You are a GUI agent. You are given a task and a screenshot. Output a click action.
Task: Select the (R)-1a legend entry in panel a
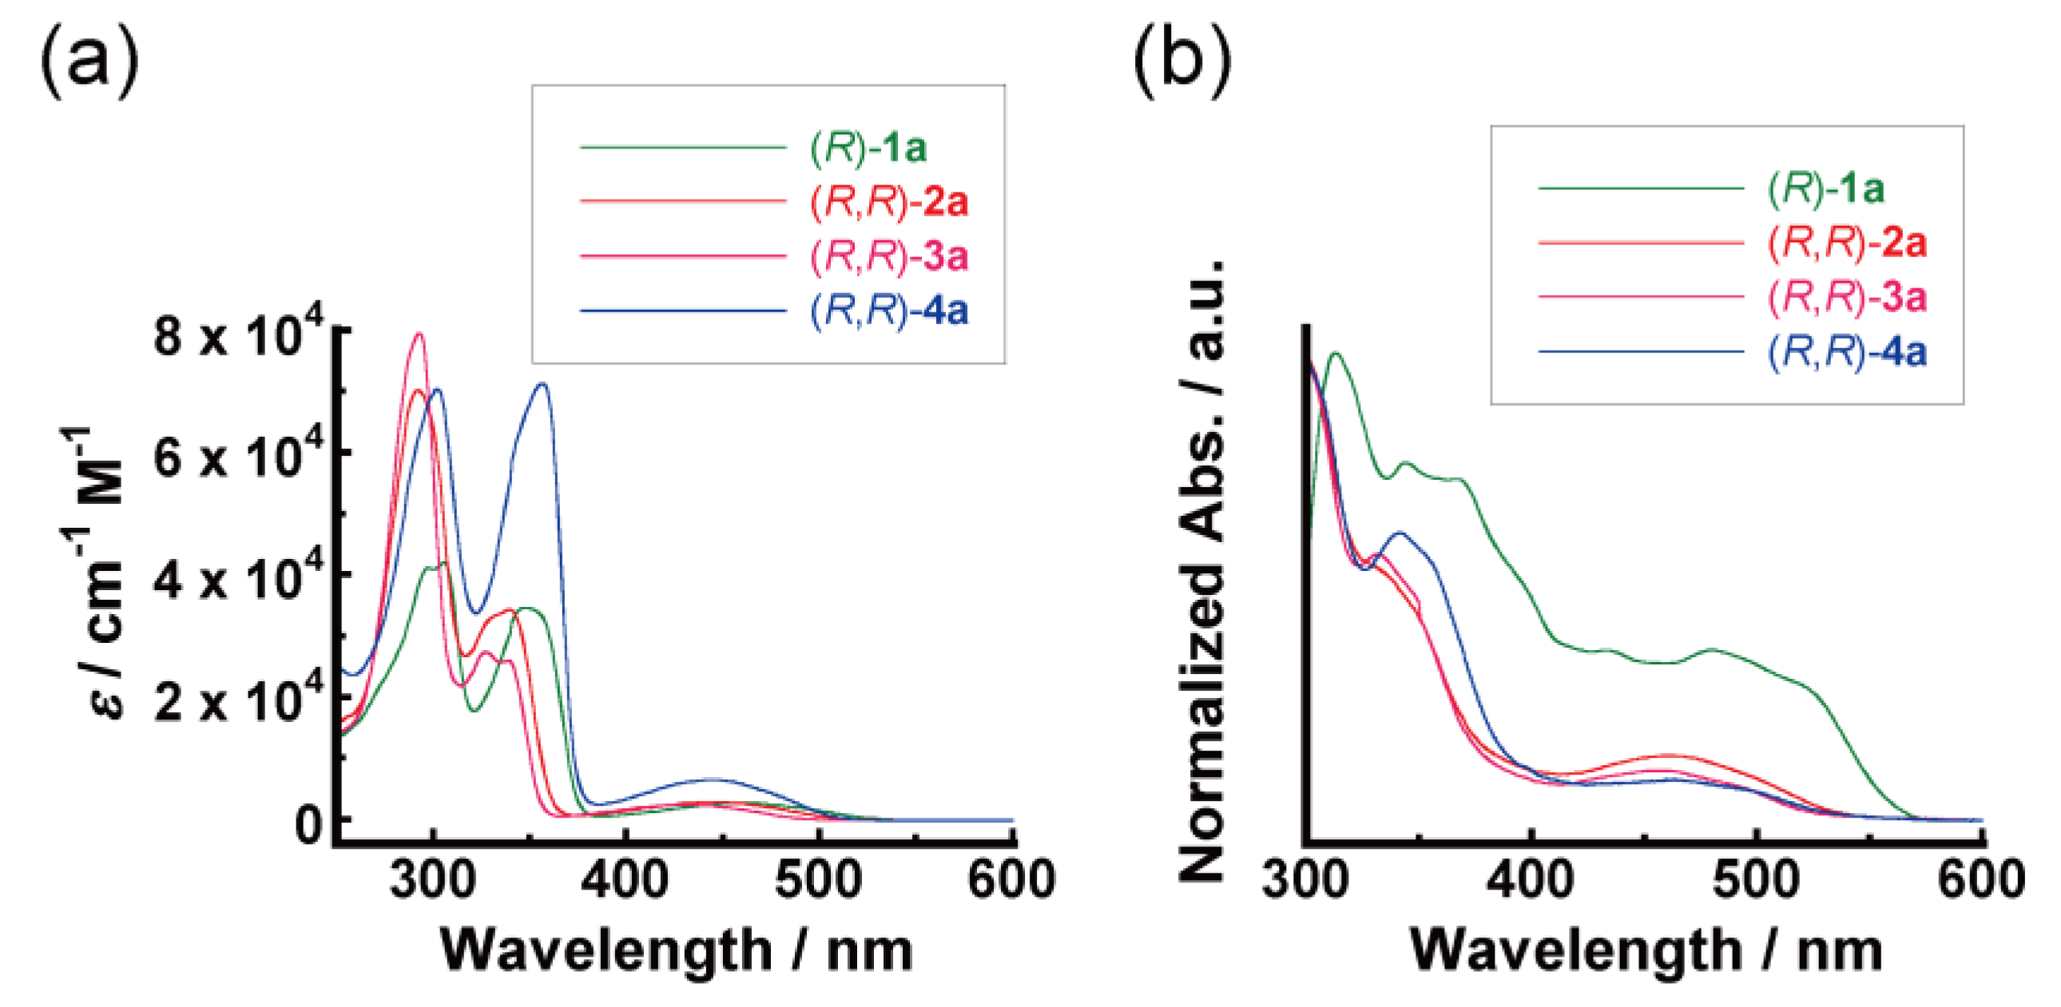tap(868, 148)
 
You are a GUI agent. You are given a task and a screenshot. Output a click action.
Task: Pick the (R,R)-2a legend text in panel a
tap(889, 201)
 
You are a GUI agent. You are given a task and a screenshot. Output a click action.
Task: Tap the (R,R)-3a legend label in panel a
tap(889, 256)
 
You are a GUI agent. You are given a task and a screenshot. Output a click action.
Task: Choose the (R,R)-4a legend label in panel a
tap(889, 311)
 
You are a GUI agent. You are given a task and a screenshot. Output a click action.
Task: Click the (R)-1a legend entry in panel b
tap(1827, 188)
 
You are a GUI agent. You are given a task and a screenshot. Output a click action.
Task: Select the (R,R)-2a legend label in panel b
tap(1848, 242)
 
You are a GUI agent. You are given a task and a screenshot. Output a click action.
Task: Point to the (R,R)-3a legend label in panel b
tap(1848, 297)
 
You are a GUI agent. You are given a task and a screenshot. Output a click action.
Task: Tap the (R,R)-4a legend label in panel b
tap(1848, 352)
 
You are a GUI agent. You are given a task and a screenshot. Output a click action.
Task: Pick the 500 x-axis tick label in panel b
tap(1755, 879)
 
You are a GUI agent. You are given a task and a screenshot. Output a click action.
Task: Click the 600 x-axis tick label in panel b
tap(1981, 879)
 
